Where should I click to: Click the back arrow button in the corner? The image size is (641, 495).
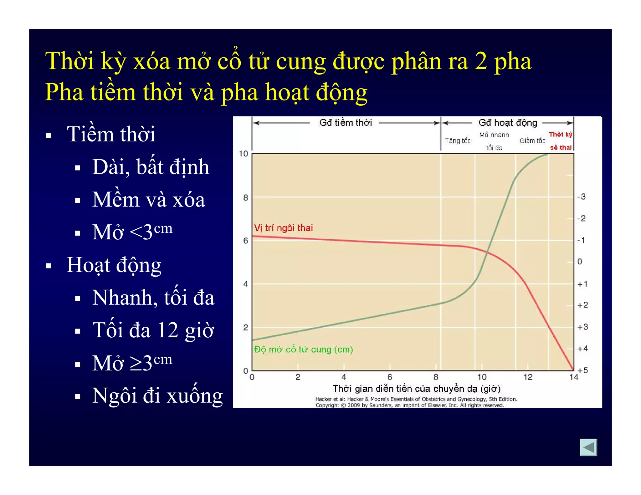click(x=588, y=447)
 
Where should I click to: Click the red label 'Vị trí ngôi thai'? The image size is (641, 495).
click(x=283, y=228)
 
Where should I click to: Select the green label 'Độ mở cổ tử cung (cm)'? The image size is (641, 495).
click(x=303, y=349)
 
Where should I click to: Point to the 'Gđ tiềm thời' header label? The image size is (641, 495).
click(x=345, y=122)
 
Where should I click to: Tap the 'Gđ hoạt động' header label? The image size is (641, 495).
click(x=508, y=122)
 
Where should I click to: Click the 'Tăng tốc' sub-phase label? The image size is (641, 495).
click(x=458, y=141)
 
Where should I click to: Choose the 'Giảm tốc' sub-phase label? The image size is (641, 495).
click(x=532, y=141)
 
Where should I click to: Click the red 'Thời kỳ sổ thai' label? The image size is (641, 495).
click(x=561, y=141)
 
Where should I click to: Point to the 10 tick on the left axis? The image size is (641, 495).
click(x=243, y=154)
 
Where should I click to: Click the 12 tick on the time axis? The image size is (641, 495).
click(x=528, y=377)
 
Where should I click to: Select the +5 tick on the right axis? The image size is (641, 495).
click(x=582, y=370)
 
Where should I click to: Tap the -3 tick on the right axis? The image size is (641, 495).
click(x=582, y=196)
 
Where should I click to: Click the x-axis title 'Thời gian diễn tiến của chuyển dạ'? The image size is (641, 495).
click(x=416, y=389)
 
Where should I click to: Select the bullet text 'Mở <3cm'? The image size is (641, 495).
click(x=132, y=232)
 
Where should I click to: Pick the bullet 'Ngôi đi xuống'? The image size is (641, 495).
click(x=157, y=395)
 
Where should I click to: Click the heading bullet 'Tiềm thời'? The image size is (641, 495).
click(x=111, y=134)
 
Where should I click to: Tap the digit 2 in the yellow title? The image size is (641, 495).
click(x=481, y=61)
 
